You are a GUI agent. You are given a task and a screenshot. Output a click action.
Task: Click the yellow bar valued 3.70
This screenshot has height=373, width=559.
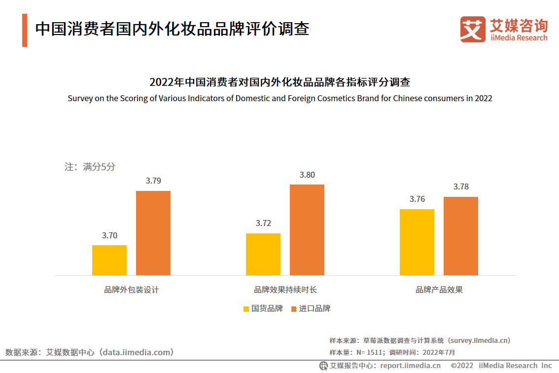109,260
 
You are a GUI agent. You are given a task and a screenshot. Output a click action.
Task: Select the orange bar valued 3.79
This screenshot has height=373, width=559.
153,233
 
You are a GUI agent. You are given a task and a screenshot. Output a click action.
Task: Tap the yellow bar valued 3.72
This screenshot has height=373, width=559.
263,254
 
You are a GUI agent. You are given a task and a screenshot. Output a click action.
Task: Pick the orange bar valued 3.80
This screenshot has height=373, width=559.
307,230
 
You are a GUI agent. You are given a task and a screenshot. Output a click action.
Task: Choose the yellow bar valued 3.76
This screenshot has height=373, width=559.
417,242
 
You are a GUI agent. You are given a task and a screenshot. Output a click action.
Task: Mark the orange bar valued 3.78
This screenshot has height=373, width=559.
461,236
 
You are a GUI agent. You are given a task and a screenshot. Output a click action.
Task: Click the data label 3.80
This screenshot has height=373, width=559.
307,175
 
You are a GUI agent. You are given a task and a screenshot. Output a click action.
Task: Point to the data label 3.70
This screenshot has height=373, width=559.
109,235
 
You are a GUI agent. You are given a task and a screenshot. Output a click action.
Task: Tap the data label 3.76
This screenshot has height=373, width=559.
417,199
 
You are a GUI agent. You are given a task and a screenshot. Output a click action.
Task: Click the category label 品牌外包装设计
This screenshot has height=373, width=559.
132,290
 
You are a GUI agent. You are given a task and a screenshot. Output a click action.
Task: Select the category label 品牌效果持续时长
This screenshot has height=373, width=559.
285,290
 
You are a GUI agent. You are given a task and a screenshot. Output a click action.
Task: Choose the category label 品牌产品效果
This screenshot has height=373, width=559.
439,290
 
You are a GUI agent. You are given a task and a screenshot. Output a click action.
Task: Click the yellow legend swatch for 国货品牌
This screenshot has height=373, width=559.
246,309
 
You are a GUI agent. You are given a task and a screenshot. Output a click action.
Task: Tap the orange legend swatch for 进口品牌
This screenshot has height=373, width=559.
294,309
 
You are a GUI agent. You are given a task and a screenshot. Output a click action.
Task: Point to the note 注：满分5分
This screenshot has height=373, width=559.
90,167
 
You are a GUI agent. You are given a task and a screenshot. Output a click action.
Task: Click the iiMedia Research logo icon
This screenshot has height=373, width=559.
473,29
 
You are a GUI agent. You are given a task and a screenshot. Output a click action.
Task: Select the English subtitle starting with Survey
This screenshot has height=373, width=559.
279,98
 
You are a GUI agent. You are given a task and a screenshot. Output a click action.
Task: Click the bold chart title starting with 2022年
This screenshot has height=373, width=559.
279,82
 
